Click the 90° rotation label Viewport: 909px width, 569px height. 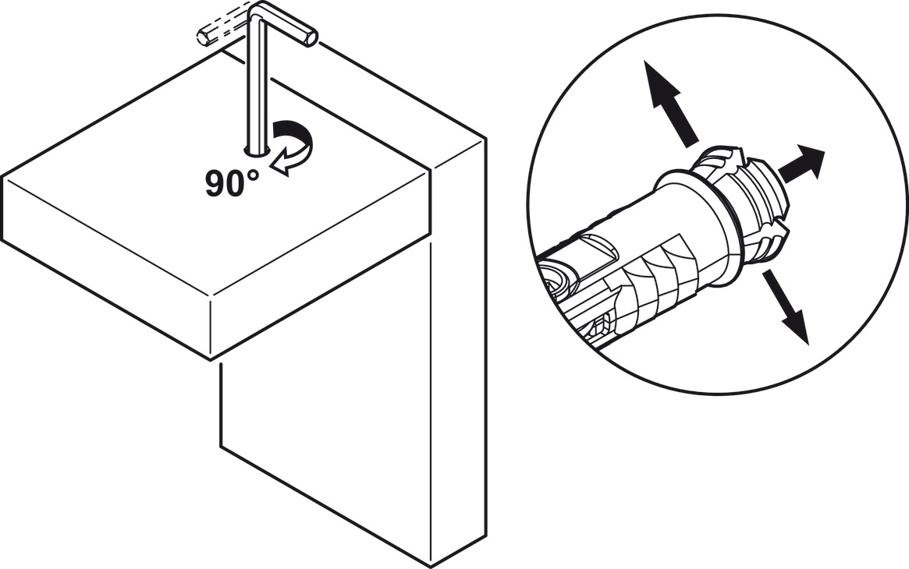232,183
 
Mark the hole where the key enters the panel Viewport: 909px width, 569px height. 257,152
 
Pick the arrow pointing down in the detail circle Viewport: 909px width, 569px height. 786,306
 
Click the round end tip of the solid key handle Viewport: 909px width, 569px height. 311,38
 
